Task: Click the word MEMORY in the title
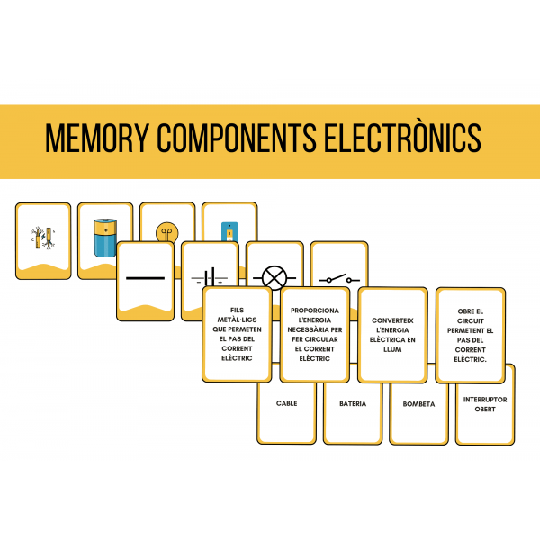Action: pos(95,139)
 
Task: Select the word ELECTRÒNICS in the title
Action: pos(400,139)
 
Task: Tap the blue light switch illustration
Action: pos(229,231)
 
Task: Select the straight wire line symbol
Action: pos(145,278)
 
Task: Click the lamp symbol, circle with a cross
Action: pos(274,279)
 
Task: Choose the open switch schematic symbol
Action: pos(339,279)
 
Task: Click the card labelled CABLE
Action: pos(287,404)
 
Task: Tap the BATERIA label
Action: pos(353,404)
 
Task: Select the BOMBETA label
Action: pos(418,404)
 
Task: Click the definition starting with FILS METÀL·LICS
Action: pos(237,333)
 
